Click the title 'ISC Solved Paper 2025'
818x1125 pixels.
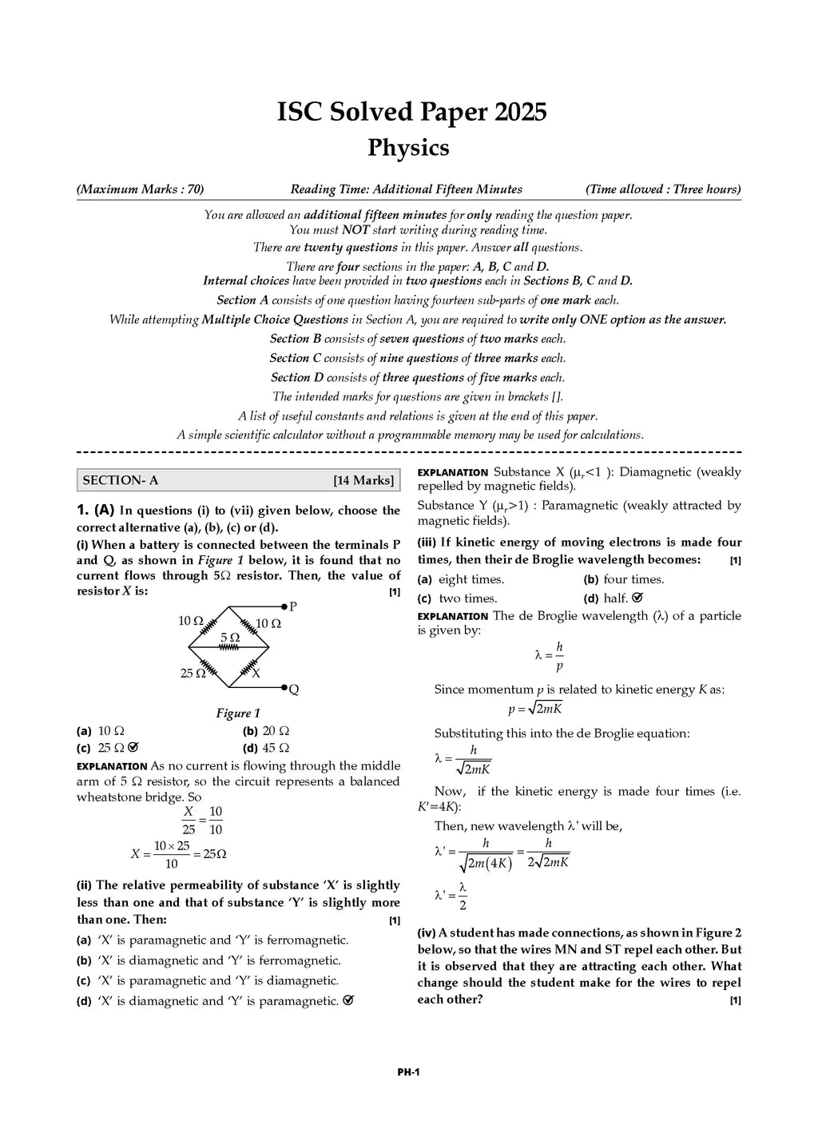point(411,112)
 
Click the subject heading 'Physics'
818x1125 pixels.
point(408,148)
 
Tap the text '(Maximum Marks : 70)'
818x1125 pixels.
point(140,189)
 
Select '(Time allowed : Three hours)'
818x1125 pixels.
point(662,189)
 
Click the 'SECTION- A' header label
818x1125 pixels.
point(121,480)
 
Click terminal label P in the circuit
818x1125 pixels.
point(293,606)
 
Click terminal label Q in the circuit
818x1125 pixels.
point(294,690)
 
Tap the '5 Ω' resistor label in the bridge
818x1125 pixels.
point(229,638)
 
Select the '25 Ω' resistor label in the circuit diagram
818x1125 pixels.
point(193,674)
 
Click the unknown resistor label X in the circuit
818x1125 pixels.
point(256,674)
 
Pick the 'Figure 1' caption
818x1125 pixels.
point(238,713)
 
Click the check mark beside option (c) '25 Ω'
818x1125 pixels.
point(133,748)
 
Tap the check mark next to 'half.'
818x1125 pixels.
point(637,598)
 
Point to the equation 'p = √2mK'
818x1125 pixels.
point(535,708)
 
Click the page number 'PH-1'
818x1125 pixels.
point(408,1072)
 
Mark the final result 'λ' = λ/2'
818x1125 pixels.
point(451,896)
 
